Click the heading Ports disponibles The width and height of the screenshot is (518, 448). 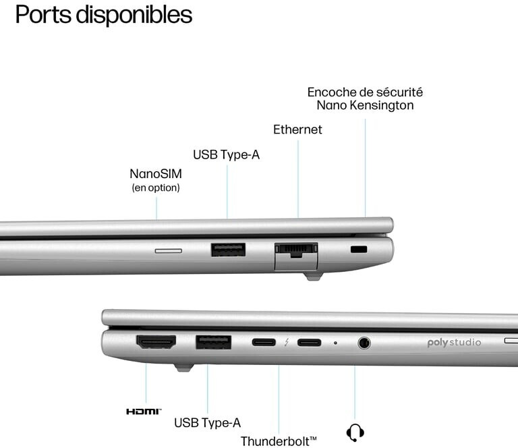click(103, 15)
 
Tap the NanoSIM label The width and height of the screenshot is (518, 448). click(156, 174)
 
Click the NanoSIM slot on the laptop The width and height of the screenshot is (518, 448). click(168, 250)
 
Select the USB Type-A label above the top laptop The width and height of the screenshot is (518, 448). click(226, 155)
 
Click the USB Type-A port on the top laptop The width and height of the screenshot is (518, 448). click(228, 250)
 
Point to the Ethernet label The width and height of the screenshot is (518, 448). click(297, 130)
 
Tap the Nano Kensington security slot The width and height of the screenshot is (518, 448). click(359, 250)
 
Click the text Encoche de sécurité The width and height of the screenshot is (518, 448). click(365, 92)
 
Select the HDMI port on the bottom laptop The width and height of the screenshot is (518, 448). click(156, 342)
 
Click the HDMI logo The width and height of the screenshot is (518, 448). click(144, 411)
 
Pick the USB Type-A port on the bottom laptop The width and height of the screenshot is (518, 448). click(213, 342)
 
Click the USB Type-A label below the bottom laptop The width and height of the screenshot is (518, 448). click(207, 423)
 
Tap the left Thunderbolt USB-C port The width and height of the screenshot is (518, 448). click(264, 342)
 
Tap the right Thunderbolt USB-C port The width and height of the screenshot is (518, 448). click(309, 342)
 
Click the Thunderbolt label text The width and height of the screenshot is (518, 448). click(278, 441)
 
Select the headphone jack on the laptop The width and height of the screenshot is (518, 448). click(364, 343)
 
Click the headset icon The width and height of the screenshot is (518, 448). click(355, 431)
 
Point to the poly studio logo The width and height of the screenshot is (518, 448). click(454, 343)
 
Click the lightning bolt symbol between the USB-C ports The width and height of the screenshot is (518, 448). click(286, 342)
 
